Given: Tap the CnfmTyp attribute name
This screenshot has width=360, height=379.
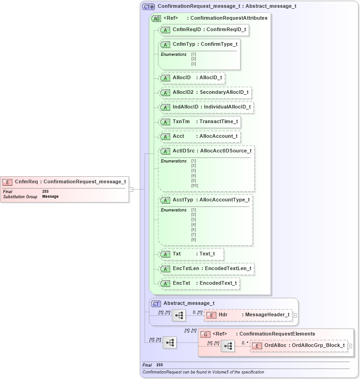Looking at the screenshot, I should [x=182, y=44].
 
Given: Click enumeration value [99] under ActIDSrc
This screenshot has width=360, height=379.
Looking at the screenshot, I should [x=194, y=185].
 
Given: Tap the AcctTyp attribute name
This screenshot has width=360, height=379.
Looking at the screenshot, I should [x=183, y=200].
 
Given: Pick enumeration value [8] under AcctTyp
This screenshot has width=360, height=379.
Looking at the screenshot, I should [x=193, y=239].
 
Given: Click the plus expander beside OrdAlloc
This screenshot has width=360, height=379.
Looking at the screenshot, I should [x=350, y=346].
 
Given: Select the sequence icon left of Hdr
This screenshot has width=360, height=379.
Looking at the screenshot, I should [x=179, y=315].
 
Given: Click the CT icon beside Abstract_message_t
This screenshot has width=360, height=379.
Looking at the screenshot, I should [x=156, y=303].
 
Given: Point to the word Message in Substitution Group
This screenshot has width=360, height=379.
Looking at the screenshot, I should [x=50, y=196].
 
